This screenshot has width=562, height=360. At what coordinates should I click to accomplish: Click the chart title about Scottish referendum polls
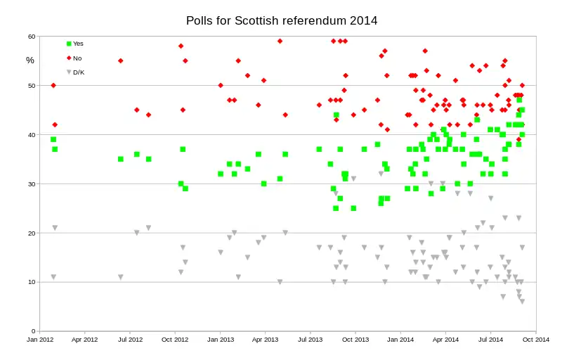point(282,20)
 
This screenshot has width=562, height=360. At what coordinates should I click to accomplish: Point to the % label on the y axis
point(30,60)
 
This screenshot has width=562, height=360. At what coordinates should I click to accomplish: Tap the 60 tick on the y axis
point(32,37)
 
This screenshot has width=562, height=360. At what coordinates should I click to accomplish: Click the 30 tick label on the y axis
point(32,184)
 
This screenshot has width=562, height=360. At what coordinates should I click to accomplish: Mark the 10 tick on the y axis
point(32,282)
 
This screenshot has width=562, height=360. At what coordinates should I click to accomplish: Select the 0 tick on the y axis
point(33,331)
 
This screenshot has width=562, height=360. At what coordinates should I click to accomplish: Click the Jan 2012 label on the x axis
point(40,340)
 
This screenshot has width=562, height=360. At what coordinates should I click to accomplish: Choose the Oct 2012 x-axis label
point(175,340)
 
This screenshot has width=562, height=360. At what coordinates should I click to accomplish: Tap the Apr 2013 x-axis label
point(265,340)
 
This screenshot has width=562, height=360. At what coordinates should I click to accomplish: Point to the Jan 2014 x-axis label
point(401,340)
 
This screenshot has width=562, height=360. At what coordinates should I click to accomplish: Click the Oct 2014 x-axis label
point(536,340)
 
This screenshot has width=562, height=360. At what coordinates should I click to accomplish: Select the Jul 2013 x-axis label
point(311,340)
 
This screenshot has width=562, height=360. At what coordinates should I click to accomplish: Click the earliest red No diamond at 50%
point(53,85)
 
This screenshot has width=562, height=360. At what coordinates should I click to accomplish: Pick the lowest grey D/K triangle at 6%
point(522,302)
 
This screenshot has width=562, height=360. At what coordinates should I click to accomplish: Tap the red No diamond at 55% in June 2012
point(121,60)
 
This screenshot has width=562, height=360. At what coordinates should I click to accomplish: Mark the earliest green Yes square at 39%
point(53,139)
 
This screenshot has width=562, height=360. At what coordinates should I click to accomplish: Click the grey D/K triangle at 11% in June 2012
point(121,277)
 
